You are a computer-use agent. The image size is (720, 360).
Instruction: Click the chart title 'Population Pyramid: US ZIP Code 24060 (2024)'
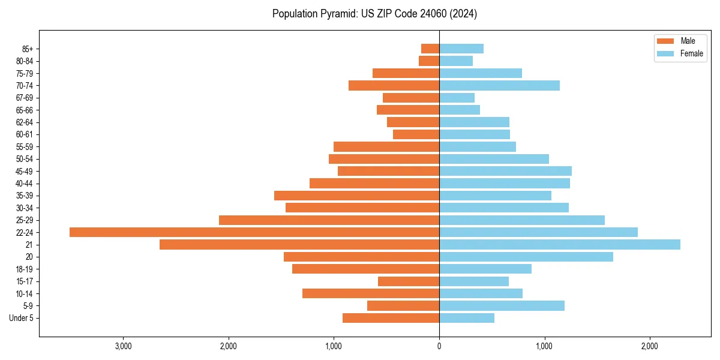[374, 14]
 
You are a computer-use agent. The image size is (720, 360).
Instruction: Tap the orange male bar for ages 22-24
[254, 232]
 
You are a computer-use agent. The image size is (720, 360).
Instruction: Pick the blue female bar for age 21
[560, 244]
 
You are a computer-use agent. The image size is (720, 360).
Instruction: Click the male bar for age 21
[299, 244]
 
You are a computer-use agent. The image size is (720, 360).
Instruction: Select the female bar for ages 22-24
[538, 232]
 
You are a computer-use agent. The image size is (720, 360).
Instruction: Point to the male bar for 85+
[430, 49]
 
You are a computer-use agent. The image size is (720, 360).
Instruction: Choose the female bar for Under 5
[467, 318]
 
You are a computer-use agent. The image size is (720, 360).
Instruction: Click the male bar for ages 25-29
[329, 220]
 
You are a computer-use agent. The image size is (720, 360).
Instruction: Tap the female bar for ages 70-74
[499, 85]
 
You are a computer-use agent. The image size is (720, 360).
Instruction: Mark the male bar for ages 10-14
[371, 293]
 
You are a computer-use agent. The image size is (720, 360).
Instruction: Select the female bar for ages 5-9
[502, 306]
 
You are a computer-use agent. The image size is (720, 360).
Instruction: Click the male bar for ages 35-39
[356, 196]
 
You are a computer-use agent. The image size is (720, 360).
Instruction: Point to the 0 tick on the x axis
[439, 346]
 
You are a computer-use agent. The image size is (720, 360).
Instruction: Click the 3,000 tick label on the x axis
[124, 346]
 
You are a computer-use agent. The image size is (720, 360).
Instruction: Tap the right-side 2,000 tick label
[650, 346]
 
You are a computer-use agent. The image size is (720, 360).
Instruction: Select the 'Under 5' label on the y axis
[21, 318]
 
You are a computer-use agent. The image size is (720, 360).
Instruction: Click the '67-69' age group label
[25, 98]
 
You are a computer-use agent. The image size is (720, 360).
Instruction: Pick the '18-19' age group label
[25, 269]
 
